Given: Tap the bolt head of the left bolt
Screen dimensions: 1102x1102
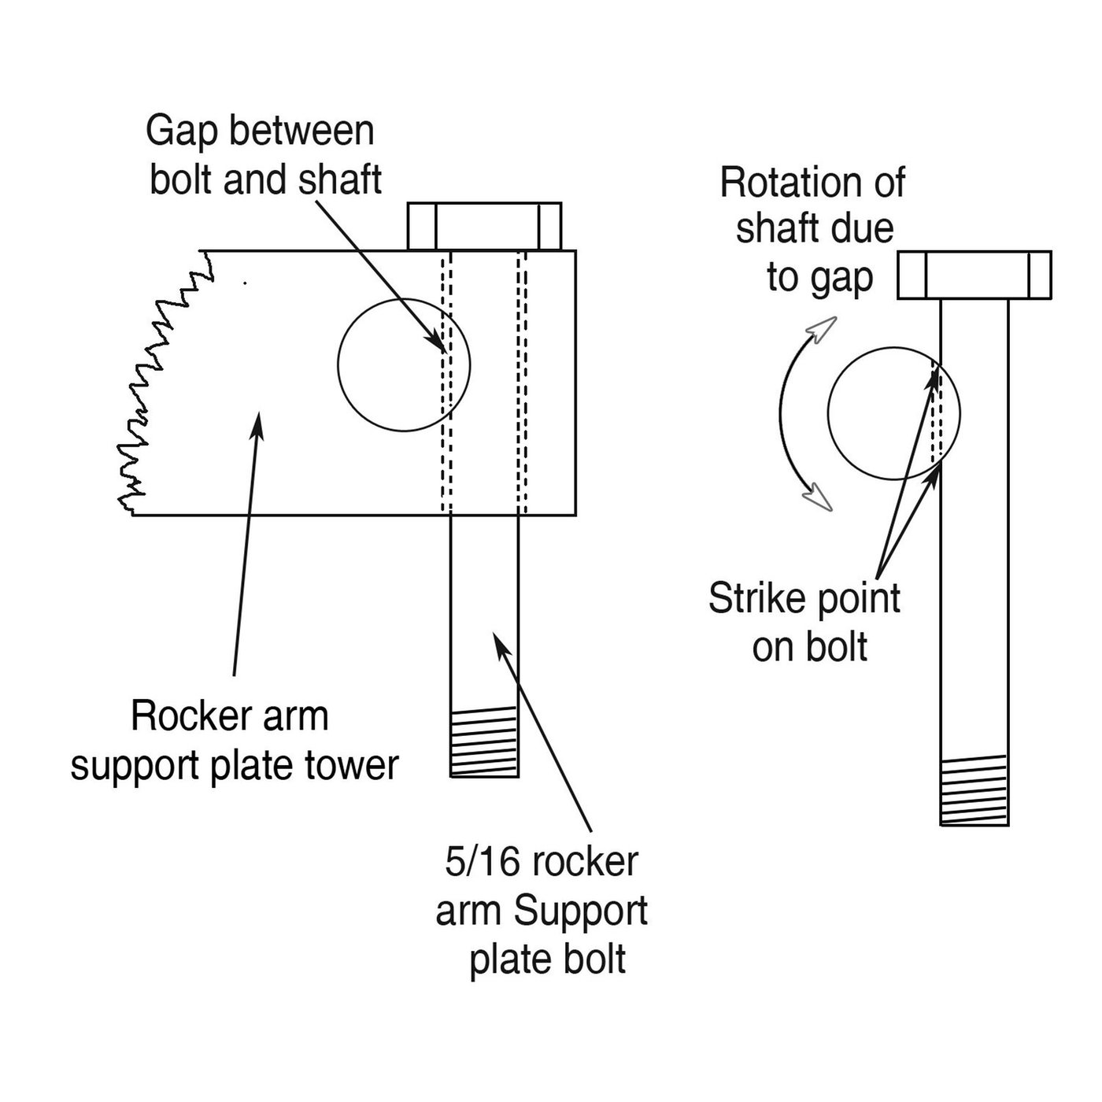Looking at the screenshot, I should (484, 226).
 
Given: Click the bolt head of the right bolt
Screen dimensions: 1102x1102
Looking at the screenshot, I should (974, 275).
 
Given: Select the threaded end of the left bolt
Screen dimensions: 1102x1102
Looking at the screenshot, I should (484, 741).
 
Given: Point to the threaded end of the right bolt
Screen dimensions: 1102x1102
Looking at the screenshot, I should (974, 790).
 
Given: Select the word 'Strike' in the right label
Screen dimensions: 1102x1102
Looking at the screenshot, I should (757, 599).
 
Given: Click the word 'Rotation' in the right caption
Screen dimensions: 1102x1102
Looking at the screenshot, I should (790, 183).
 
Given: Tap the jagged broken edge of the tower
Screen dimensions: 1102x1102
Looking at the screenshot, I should (157, 378).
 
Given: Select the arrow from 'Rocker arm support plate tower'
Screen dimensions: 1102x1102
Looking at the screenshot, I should (246, 543).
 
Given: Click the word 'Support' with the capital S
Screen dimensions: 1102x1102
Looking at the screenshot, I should (581, 911).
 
